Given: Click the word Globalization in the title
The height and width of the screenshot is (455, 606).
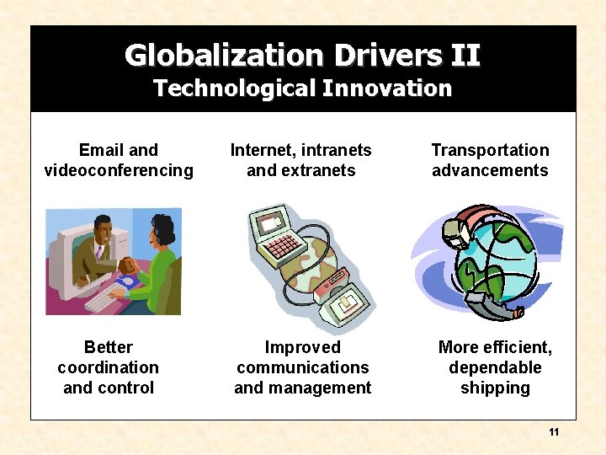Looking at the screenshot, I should pyautogui.click(x=224, y=56).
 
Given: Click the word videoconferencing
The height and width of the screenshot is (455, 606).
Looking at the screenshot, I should pyautogui.click(x=119, y=170).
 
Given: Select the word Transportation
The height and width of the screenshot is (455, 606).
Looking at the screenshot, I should pyautogui.click(x=490, y=150).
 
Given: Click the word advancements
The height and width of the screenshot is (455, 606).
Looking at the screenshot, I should pyautogui.click(x=490, y=170).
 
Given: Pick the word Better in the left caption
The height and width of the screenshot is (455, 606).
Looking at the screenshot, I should pyautogui.click(x=109, y=347).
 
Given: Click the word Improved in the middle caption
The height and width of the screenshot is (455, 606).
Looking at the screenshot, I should pyautogui.click(x=302, y=347).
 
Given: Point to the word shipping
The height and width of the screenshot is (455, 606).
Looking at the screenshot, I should pyautogui.click(x=495, y=388).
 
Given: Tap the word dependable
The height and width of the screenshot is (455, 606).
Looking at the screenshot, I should pyautogui.click(x=495, y=367).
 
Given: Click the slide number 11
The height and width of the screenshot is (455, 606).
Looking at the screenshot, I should pyautogui.click(x=554, y=432).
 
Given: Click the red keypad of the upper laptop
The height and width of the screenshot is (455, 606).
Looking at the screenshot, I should pyautogui.click(x=283, y=246).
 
